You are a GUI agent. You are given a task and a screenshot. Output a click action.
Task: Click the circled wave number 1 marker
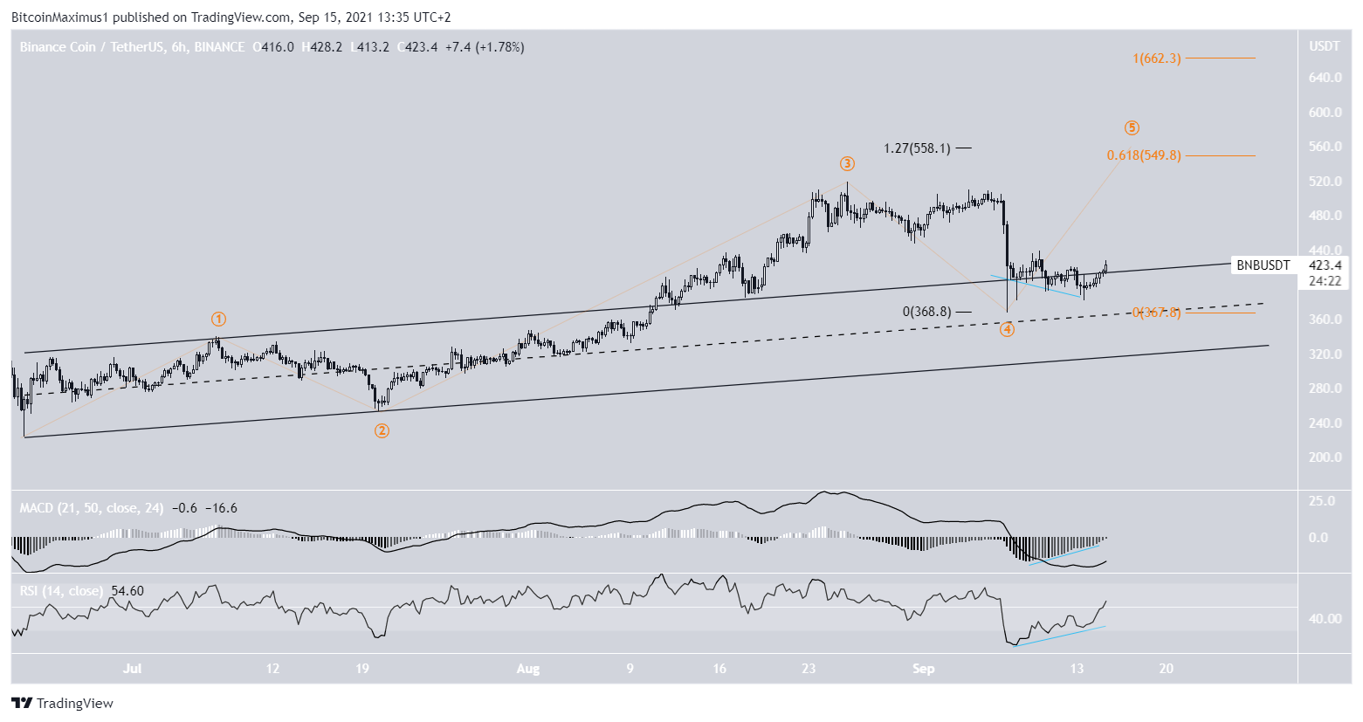point(219,320)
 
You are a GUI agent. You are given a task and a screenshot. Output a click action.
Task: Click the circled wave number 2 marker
point(382,430)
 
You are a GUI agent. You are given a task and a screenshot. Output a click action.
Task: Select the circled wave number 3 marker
point(847,164)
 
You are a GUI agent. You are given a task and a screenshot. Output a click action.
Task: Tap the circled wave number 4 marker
point(1007,329)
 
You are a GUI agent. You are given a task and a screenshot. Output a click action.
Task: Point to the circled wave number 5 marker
point(1132,128)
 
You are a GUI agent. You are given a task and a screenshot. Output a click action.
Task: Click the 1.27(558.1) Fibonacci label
point(916,148)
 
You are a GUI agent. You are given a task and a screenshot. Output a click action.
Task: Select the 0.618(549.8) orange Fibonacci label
point(1143,155)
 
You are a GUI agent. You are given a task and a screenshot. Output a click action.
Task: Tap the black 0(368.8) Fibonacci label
point(926,312)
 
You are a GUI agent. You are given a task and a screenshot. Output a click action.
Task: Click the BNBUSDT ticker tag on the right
point(1263,265)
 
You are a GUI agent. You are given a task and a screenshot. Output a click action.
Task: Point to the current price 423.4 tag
point(1325,265)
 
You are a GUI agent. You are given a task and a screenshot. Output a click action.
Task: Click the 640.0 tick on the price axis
point(1325,78)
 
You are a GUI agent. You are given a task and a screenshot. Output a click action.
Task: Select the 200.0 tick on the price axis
point(1325,457)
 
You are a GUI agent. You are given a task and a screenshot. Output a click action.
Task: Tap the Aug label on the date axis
point(527,669)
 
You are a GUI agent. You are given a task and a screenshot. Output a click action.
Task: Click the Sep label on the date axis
point(923,669)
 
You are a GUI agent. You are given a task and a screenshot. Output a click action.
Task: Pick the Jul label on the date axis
point(132,669)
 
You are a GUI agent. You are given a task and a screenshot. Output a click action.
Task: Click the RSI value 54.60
point(127,591)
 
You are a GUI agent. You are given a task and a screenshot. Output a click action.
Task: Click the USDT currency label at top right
point(1324,46)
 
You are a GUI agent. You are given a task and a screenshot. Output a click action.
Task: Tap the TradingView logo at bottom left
point(63,704)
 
